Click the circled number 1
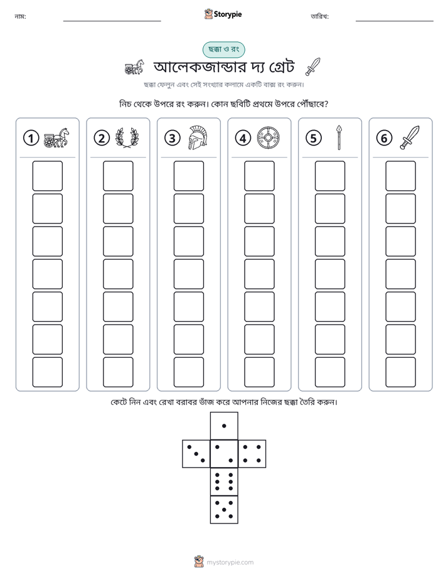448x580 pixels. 31,138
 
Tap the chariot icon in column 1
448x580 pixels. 56,138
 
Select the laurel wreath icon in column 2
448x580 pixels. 127,138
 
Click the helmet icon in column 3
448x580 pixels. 198,138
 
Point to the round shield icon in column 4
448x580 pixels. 269,138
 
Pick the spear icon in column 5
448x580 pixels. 339,138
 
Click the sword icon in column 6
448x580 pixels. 410,137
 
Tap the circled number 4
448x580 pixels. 243,138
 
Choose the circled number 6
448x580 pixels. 384,138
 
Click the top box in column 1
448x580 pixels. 47,176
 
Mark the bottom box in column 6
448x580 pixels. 401,372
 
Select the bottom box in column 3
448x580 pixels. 188,372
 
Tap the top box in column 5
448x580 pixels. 330,176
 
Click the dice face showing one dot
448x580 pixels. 224,426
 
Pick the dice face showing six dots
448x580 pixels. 224,481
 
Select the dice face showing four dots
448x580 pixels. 252,454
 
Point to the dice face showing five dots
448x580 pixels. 224,510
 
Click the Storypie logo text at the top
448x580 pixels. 228,14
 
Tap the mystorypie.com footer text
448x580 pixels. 230,562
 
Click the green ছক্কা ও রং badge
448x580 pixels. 223,50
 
